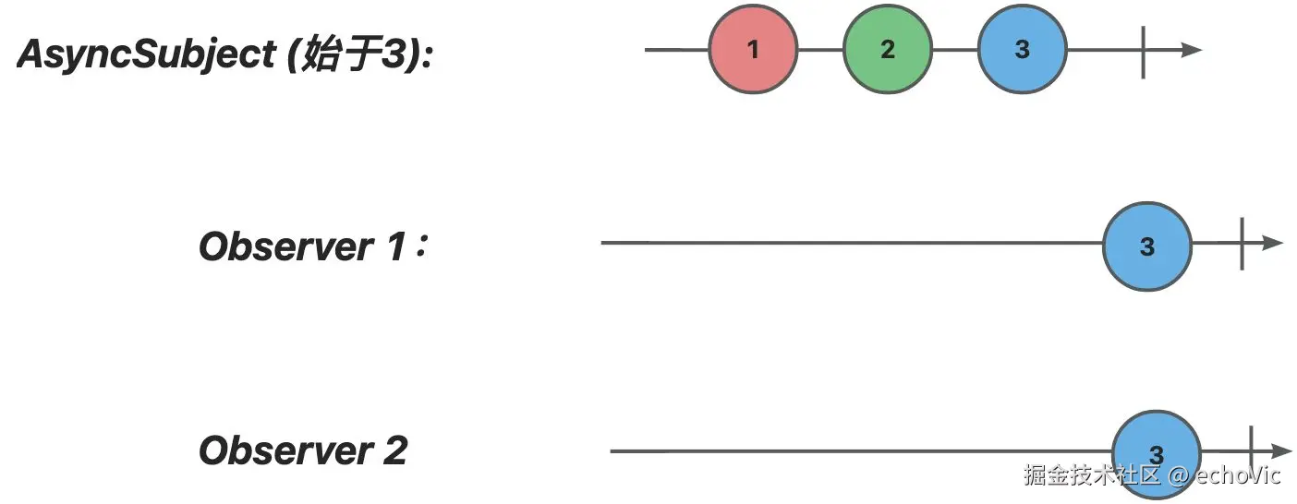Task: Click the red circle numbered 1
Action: coord(753,50)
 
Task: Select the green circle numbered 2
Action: coord(888,50)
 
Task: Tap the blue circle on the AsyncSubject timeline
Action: coord(1022,50)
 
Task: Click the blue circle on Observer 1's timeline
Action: coord(1147,247)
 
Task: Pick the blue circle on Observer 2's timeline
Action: coord(1156,452)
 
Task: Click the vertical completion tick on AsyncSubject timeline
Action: coord(1144,51)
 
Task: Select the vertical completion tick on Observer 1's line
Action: coord(1242,244)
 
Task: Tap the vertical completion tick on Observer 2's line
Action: coord(1251,450)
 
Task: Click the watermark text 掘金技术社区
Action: coord(1091,475)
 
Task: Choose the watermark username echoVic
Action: coord(1238,475)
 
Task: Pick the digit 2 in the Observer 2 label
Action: coord(394,451)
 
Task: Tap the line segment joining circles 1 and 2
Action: coord(820,50)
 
